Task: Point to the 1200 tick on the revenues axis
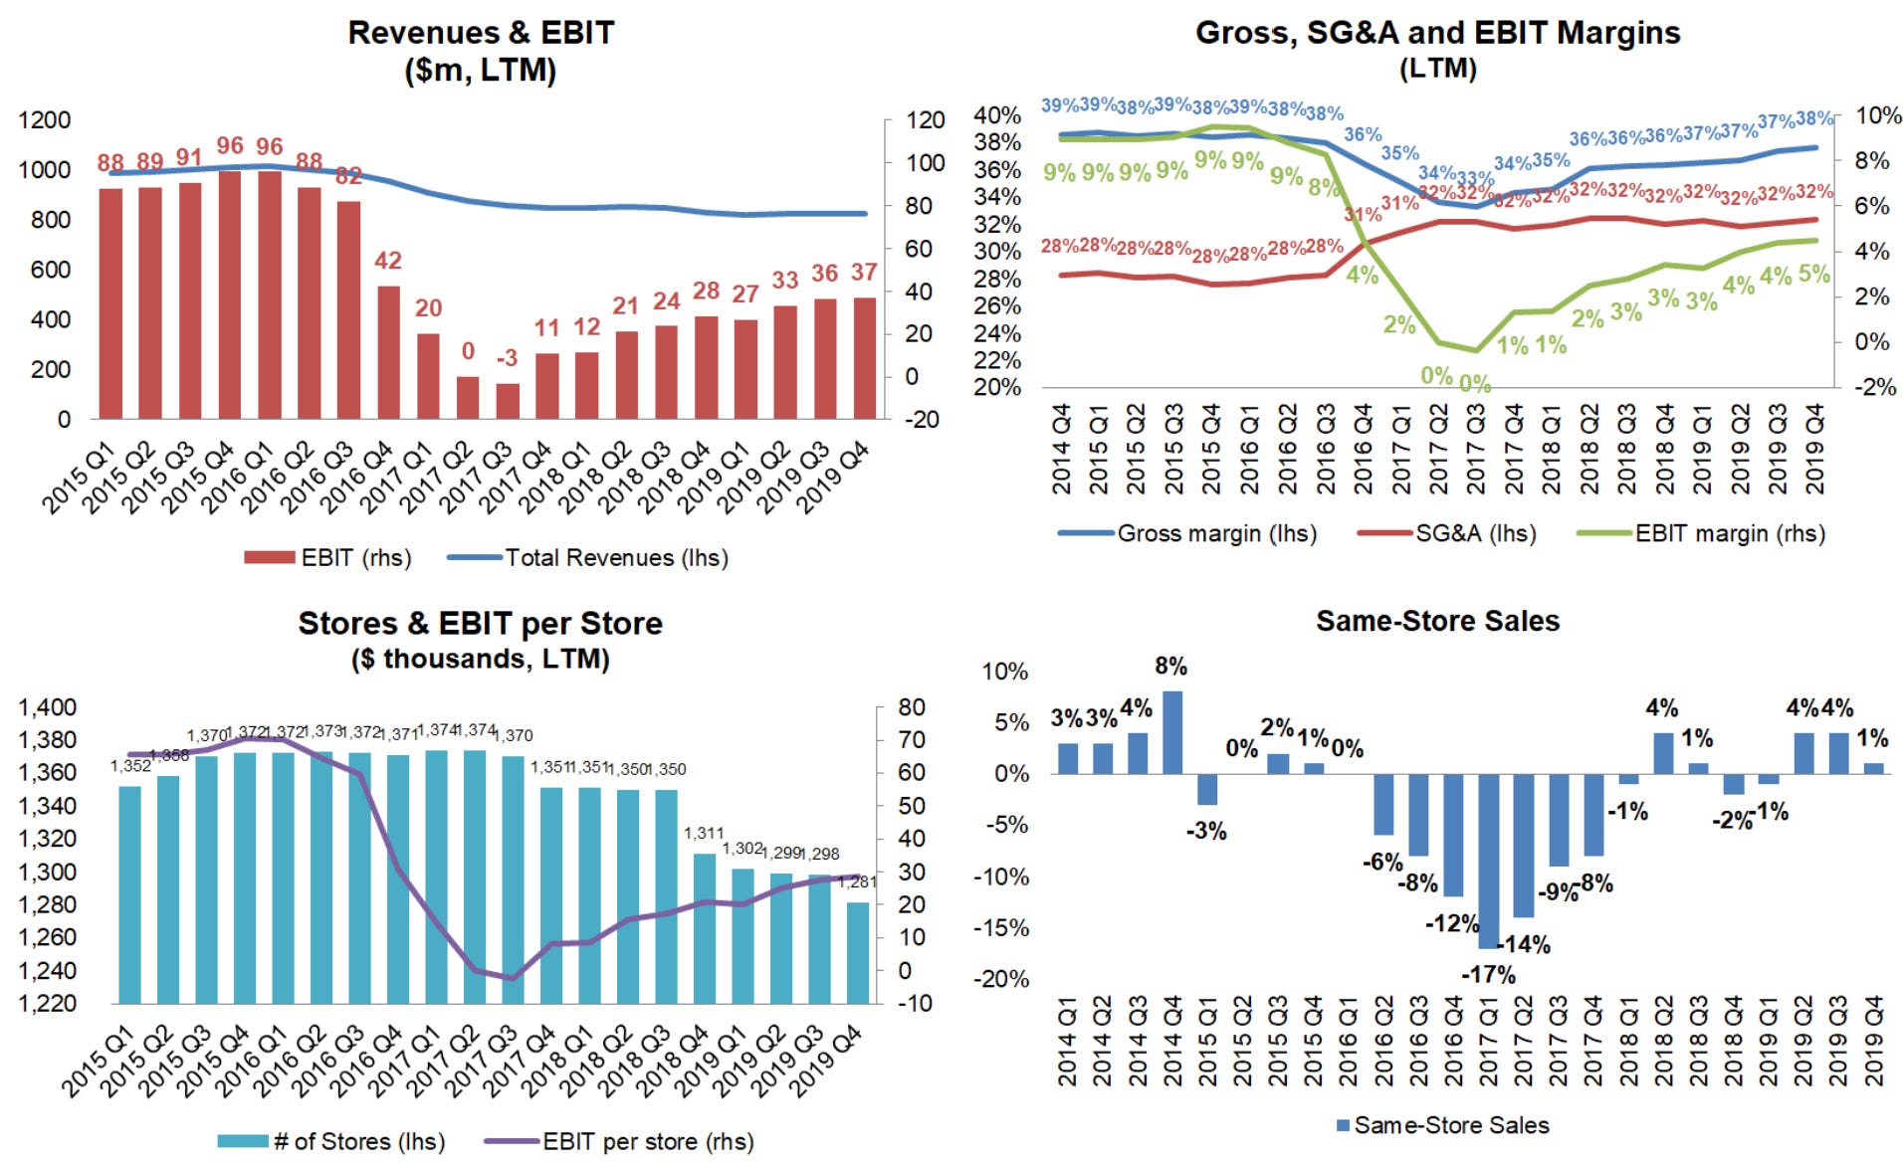point(45,120)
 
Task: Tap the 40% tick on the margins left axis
point(996,115)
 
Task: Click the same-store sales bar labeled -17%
point(1489,861)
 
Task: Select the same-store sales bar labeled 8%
point(1172,732)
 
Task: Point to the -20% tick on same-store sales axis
point(1004,978)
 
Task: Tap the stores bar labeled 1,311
point(705,927)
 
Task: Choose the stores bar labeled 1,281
point(857,952)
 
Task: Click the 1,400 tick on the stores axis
point(47,707)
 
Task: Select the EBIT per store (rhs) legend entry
point(647,1141)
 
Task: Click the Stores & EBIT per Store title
point(481,624)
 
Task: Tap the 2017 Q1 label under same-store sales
point(1488,1041)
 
